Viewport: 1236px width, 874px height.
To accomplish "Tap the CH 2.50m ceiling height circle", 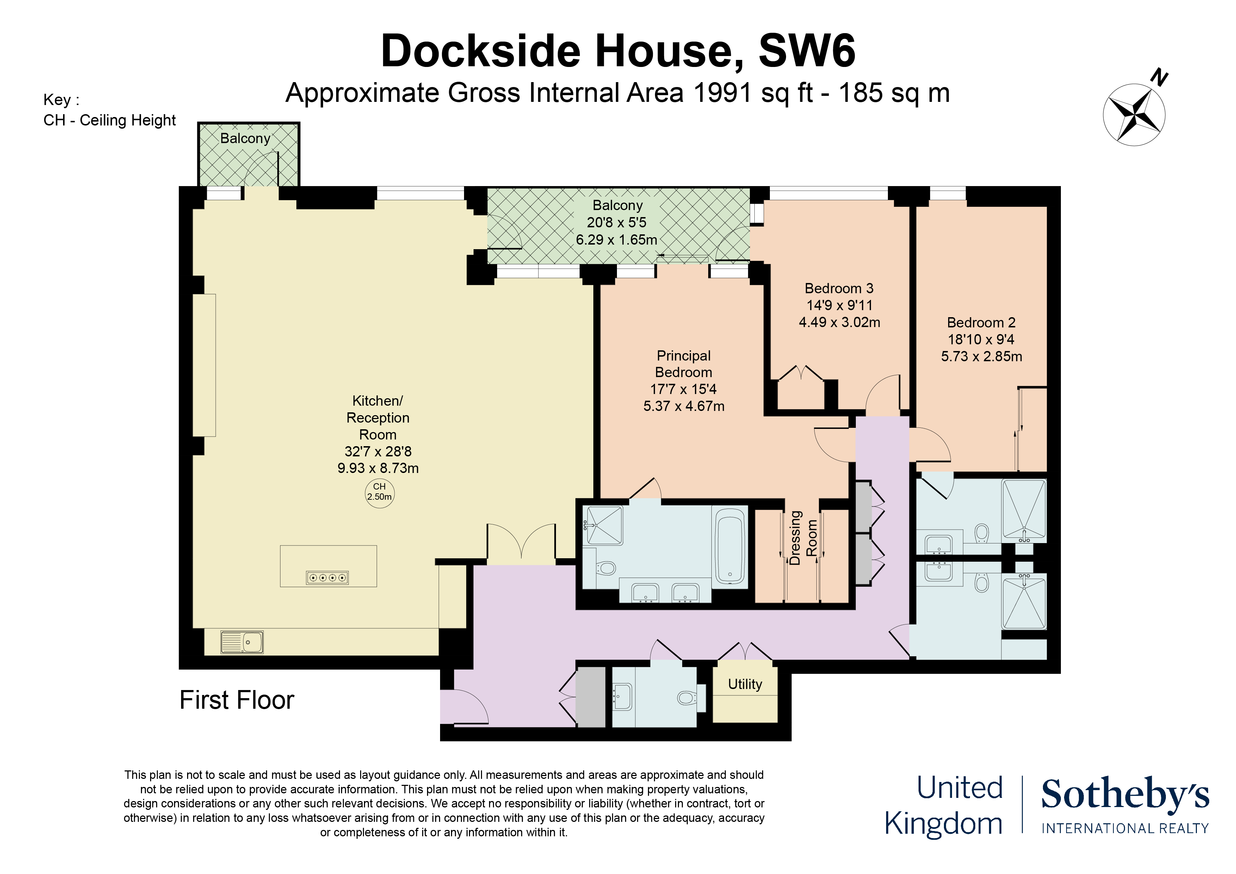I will click(379, 492).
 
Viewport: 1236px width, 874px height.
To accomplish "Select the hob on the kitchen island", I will click(327, 578).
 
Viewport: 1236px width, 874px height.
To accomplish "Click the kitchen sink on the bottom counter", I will click(242, 642).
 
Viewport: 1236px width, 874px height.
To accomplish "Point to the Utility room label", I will click(745, 684).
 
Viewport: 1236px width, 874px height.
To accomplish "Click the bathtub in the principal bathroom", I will click(730, 547).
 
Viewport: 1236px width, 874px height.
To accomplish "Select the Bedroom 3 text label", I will click(839, 288).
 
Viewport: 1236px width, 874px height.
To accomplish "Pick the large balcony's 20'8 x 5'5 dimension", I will click(617, 222).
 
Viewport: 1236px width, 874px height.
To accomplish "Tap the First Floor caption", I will click(237, 700).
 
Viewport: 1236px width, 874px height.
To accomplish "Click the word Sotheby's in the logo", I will click(1125, 794).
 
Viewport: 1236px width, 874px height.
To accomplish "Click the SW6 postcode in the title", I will click(807, 51).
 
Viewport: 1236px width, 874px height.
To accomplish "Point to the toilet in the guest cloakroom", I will click(686, 698).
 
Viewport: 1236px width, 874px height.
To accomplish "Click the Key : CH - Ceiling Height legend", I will click(109, 110).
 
